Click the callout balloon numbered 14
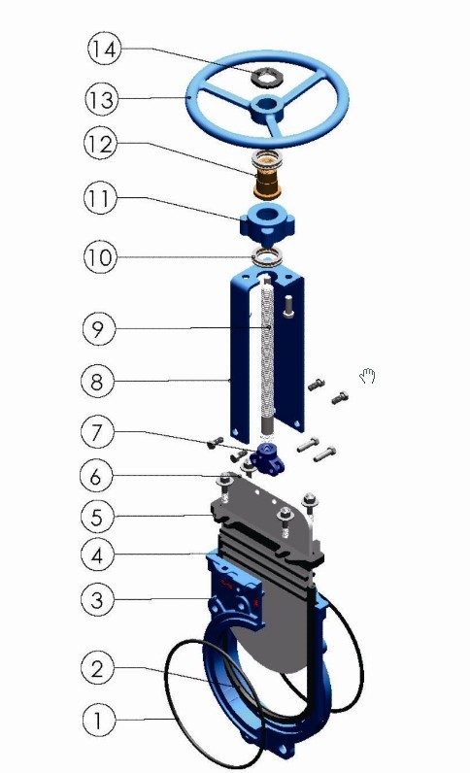click(104, 49)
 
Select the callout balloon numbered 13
click(102, 99)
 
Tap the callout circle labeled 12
click(100, 144)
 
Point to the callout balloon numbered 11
click(100, 198)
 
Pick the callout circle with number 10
click(100, 256)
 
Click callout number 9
click(99, 328)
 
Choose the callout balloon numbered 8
click(98, 381)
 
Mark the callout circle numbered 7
click(98, 432)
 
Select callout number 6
click(97, 476)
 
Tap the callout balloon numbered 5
click(97, 517)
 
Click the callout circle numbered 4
click(97, 555)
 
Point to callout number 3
click(97, 599)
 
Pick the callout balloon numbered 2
click(97, 668)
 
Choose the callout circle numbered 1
click(98, 720)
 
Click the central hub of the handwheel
click(266, 109)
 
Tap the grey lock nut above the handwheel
click(266, 77)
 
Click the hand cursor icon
click(367, 376)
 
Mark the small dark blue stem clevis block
click(267, 458)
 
